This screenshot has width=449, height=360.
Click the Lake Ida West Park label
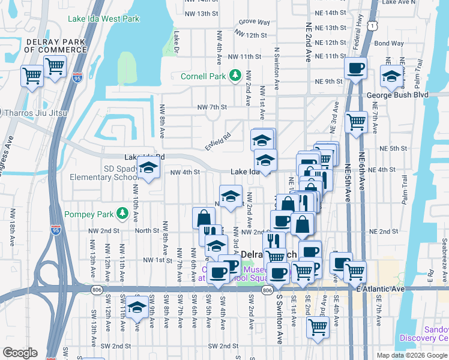(103, 19)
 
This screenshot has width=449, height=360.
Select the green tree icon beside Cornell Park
(235, 76)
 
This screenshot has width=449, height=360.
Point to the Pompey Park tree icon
(123, 213)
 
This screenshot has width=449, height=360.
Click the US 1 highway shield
(373, 27)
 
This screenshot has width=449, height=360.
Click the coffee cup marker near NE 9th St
(355, 68)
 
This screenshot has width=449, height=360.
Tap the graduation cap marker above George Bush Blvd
(391, 77)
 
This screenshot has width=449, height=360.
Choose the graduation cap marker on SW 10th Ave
(137, 308)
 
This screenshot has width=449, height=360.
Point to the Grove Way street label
(253, 22)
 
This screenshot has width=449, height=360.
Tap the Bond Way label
(388, 43)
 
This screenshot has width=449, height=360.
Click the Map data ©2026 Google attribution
(412, 355)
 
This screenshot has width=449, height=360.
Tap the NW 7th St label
(212, 107)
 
